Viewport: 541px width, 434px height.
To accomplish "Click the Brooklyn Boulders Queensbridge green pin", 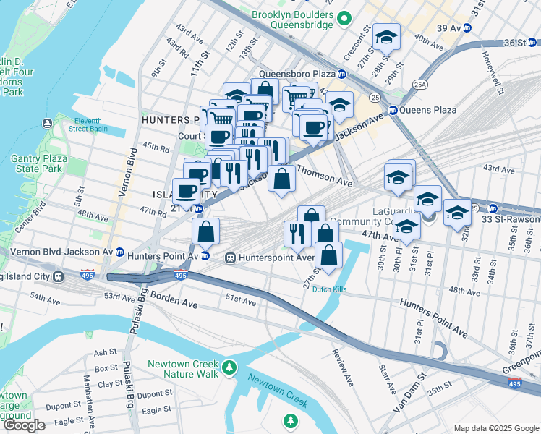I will [344, 19].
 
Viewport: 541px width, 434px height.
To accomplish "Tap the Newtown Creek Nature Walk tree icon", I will [229, 368].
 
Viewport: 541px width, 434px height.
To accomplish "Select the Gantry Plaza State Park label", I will [40, 163].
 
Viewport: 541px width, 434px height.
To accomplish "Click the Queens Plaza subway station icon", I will [393, 110].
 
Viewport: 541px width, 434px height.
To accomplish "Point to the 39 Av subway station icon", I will [467, 28].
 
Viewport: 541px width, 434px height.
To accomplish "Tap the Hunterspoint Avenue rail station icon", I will [231, 257].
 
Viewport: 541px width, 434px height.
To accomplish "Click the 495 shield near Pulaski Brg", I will [181, 276].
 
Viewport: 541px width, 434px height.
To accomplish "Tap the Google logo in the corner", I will [24, 425].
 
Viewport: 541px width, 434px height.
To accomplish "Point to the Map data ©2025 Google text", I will [496, 428].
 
